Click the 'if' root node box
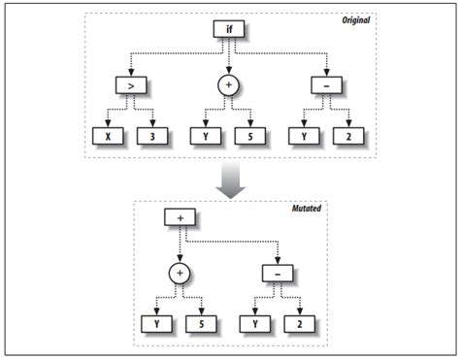229,29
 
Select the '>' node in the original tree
129,85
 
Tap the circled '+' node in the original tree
229,85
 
